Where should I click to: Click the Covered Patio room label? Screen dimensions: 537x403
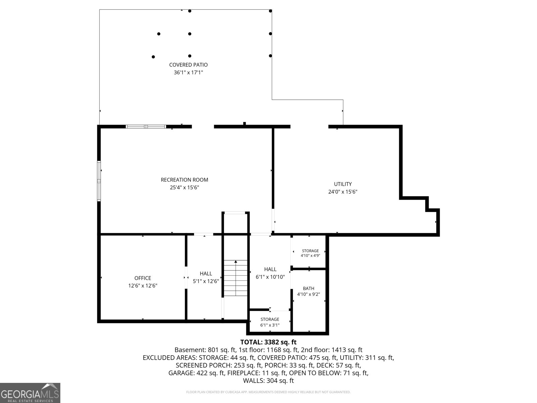tap(188, 65)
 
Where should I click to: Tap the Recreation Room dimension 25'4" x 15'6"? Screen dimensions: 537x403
tap(185, 187)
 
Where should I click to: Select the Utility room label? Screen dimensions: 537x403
tap(343, 184)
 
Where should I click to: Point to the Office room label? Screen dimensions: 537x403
tap(143, 278)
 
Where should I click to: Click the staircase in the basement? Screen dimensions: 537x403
tap(236, 278)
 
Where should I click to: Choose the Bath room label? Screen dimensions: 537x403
tap(308, 288)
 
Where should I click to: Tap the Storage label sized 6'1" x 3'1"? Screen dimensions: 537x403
tap(270, 322)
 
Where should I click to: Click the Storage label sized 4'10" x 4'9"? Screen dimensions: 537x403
tap(310, 253)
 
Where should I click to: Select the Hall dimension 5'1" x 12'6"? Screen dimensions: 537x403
tap(206, 281)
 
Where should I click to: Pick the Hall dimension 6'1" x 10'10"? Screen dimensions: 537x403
tap(270, 277)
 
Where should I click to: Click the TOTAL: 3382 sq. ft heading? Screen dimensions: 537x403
tap(268, 342)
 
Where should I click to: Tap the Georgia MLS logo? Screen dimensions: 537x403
tap(30, 393)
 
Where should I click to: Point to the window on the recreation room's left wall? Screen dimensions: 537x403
tap(99, 181)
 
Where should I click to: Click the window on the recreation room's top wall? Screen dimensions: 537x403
tap(146, 127)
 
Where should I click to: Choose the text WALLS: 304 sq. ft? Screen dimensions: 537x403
tap(268, 381)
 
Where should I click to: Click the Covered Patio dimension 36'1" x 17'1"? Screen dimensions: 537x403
tap(188, 73)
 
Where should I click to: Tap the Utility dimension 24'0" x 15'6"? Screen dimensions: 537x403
tap(343, 191)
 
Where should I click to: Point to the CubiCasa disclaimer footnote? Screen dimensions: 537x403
tap(268, 392)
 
